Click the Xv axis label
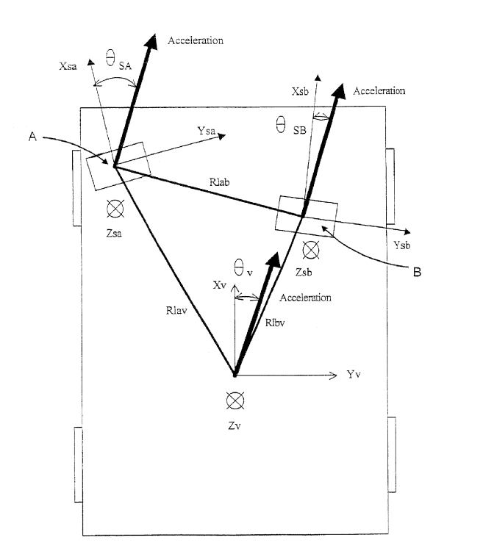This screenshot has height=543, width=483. tap(221, 284)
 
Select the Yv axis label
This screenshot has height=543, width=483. tap(354, 375)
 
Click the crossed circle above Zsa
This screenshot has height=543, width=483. tap(115, 209)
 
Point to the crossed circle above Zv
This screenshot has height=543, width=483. tap(235, 400)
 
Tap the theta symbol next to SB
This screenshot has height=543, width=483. tap(280, 126)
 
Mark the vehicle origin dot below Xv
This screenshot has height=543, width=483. tap(235, 374)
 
